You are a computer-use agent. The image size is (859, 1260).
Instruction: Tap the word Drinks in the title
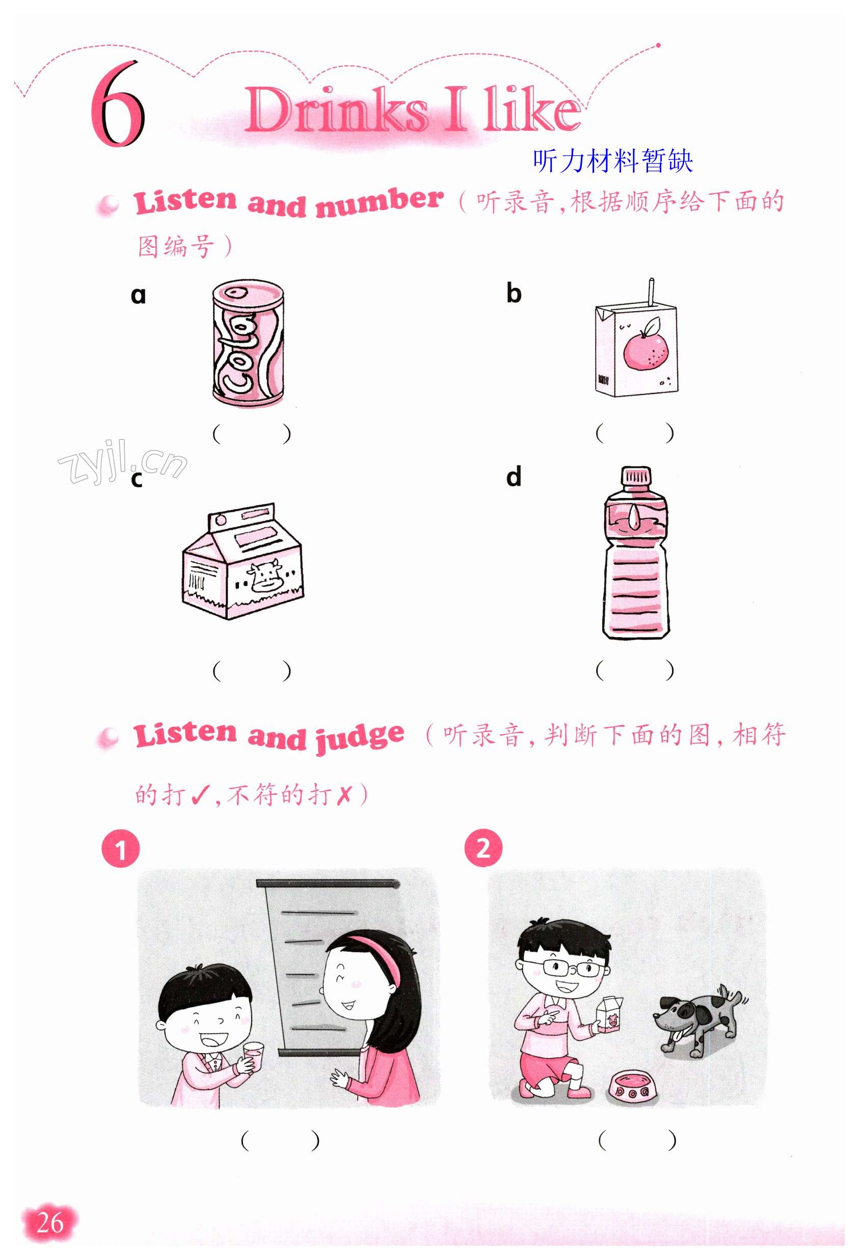[x=337, y=110]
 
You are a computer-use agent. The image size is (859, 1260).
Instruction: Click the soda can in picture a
[x=248, y=343]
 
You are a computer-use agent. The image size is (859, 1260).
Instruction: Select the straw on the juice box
[x=651, y=291]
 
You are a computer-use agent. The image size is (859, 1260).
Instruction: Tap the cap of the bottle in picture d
[x=636, y=476]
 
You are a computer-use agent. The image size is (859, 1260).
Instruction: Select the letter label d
[x=514, y=477]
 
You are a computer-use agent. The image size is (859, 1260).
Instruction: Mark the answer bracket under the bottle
[x=635, y=670]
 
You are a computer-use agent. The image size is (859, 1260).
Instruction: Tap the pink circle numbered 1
[x=120, y=849]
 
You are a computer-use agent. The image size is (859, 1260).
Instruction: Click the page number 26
[x=50, y=1222]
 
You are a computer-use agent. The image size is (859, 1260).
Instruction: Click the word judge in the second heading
[x=360, y=739]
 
